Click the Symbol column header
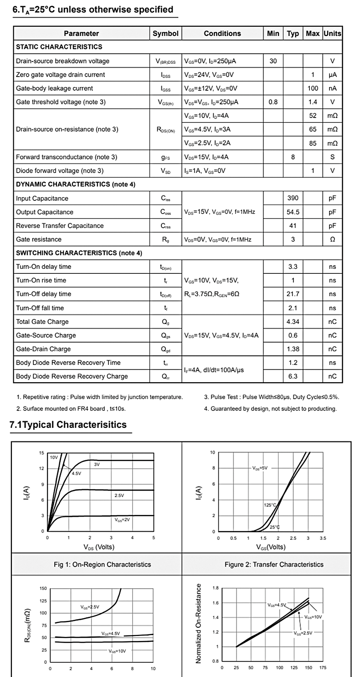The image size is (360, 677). click(165, 33)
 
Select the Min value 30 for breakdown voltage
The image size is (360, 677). click(273, 61)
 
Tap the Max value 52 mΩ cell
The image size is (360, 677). click(313, 116)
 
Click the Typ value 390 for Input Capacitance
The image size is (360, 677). click(293, 198)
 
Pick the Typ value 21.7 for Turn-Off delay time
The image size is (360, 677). click(293, 294)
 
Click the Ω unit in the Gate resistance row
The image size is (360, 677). click(332, 239)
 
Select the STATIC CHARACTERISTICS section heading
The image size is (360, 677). click(59, 47)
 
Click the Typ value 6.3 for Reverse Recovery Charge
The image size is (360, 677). click(293, 376)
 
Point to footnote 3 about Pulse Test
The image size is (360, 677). click(272, 397)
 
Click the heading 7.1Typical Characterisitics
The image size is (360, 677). click(68, 425)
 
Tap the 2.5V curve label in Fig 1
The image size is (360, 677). click(119, 495)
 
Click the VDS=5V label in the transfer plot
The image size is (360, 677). click(260, 468)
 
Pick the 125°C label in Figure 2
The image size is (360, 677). click(270, 505)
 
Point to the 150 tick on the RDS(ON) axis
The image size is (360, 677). click(43, 588)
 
